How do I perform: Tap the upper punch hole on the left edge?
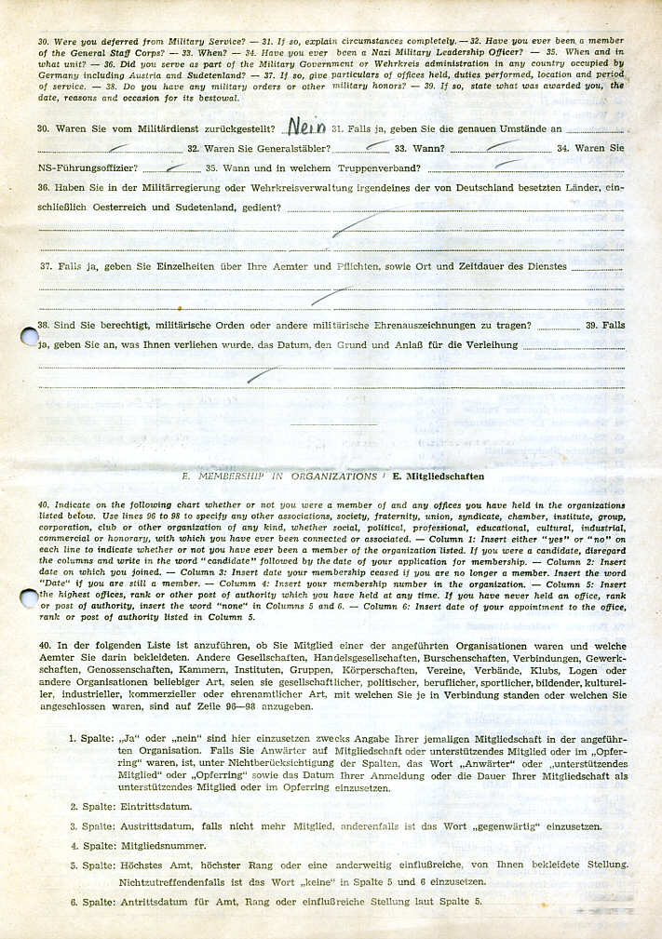[30, 336]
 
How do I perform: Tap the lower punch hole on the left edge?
[29, 597]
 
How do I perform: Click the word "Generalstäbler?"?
[285, 149]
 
